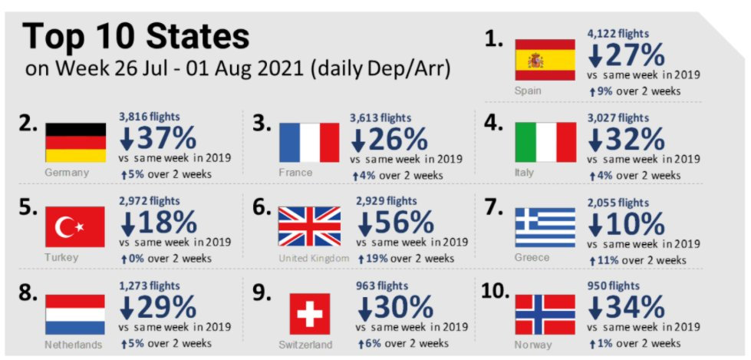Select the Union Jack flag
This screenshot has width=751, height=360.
[309, 227]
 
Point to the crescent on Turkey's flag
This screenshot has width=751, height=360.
[69, 228]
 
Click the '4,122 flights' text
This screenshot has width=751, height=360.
[618, 34]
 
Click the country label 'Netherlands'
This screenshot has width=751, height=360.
[74, 345]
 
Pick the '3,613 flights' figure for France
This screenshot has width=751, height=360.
[380, 118]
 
